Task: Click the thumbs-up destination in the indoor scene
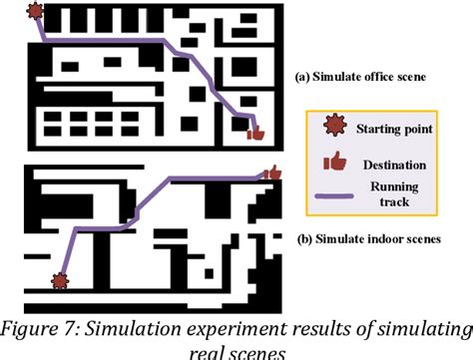[270, 174]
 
